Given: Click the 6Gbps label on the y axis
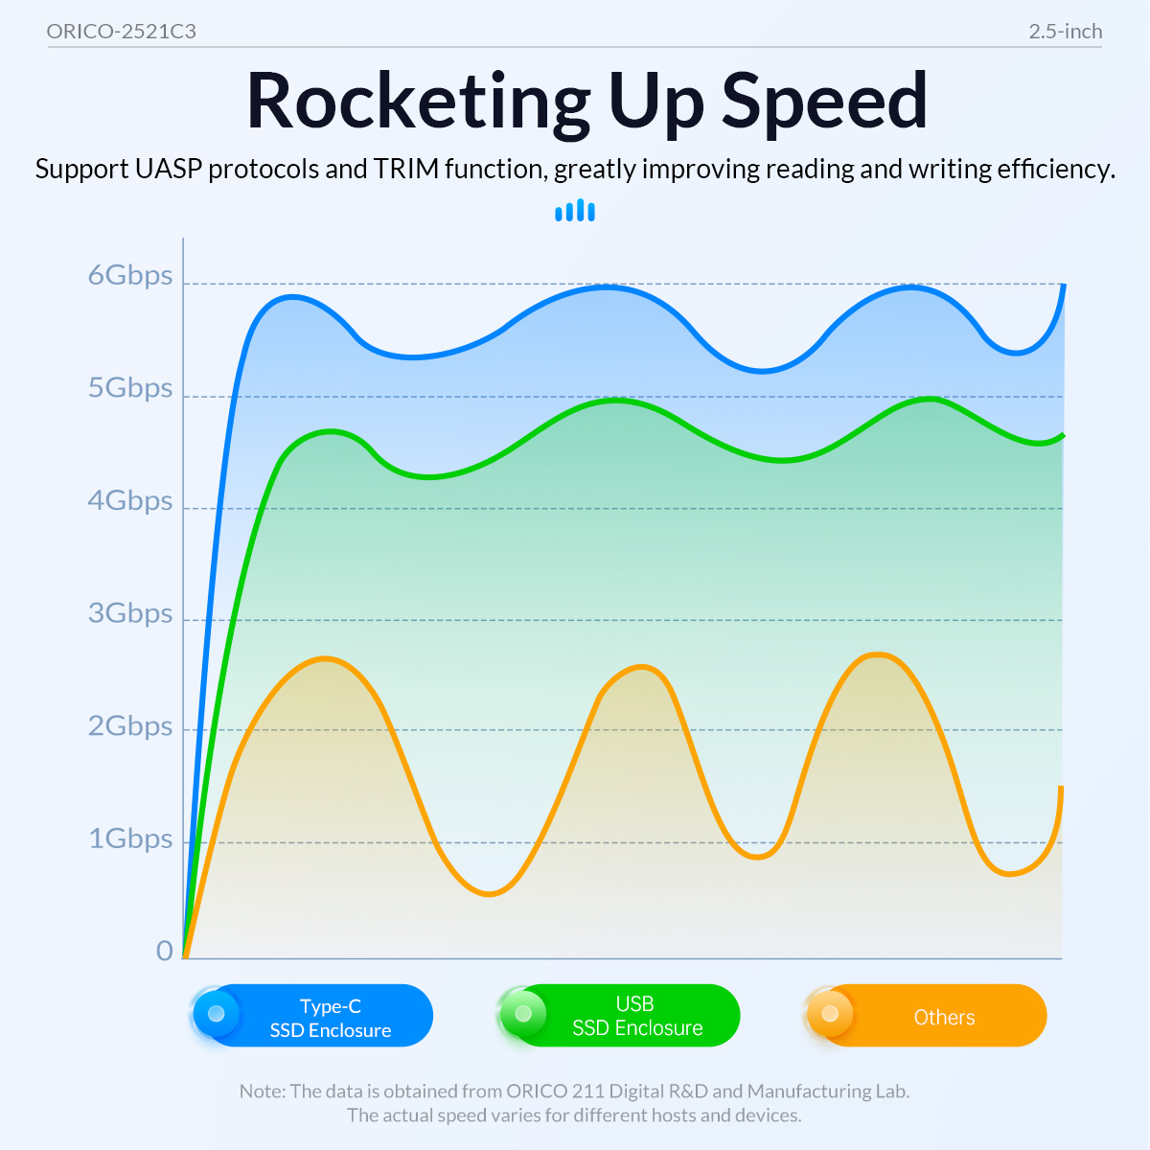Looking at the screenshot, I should coord(130,276).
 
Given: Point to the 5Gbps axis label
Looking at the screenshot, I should coord(130,388).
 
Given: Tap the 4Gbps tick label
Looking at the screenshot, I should coord(130,501).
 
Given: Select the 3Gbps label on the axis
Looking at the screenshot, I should coord(130,613).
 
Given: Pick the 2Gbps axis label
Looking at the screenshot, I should coord(130,726).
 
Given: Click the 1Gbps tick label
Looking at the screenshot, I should coord(130,839).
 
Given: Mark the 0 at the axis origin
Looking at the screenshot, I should coord(165,951).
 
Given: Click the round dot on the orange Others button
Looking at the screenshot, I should coord(830,1013).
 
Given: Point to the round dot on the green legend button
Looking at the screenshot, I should coord(523,1013).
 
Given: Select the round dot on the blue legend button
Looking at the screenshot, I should coord(217,1013).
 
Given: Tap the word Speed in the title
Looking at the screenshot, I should coord(824,102).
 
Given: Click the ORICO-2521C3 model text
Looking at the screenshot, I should coord(122,32).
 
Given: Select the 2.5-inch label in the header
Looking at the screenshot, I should coord(1065,32).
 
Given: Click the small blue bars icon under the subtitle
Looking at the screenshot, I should coord(575,211).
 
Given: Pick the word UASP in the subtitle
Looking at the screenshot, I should coord(168,170).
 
